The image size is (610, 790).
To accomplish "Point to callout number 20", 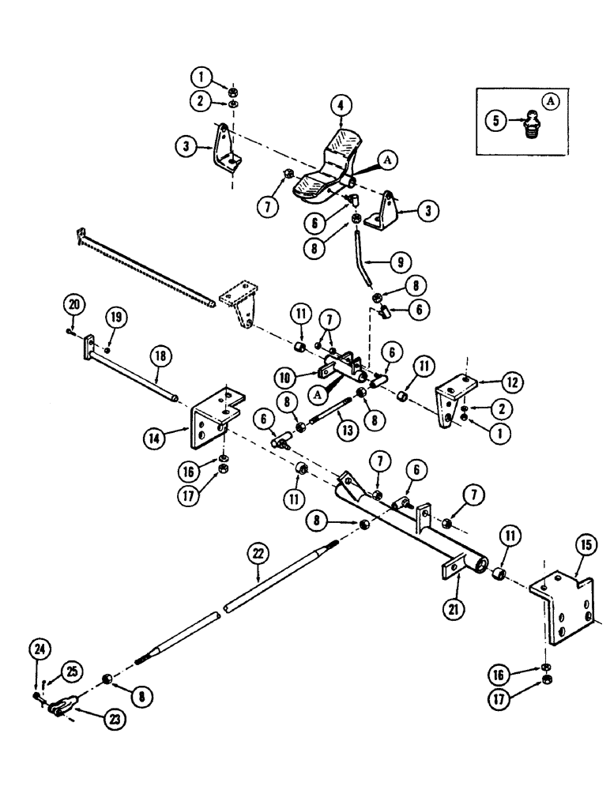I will pyautogui.click(x=73, y=306).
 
